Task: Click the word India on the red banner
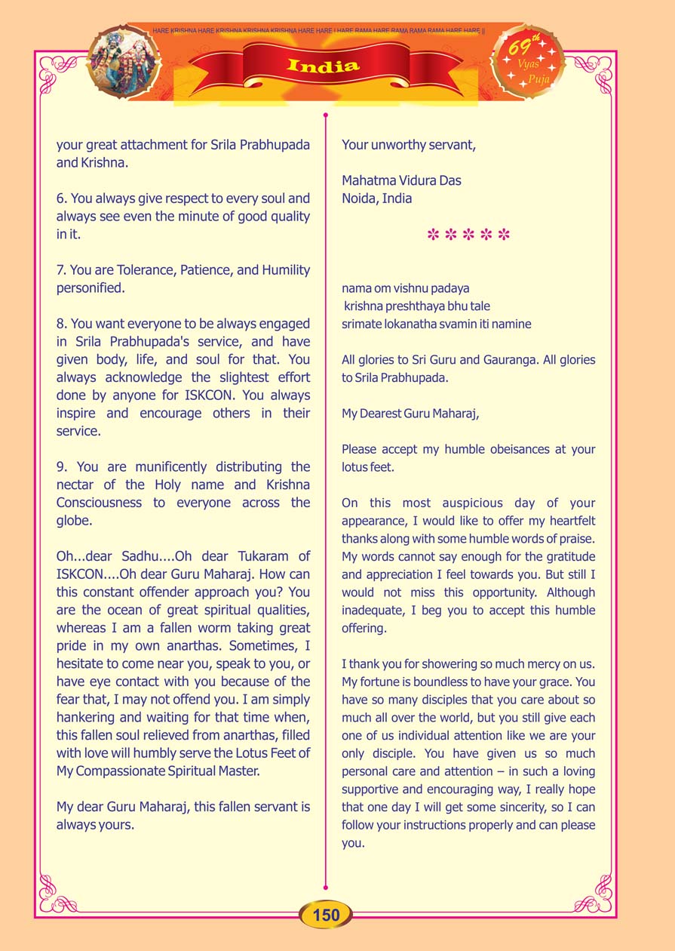tap(324, 66)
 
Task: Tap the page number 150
tap(326, 916)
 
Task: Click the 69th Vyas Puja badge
tap(528, 63)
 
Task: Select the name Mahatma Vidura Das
tap(401, 181)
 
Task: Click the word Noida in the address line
tap(359, 199)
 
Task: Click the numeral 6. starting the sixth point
tap(63, 199)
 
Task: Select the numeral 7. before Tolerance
tap(63, 270)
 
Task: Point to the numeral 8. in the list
tap(63, 324)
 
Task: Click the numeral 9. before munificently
tap(63, 467)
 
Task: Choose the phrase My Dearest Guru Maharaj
tap(410, 414)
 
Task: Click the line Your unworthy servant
tap(408, 145)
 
